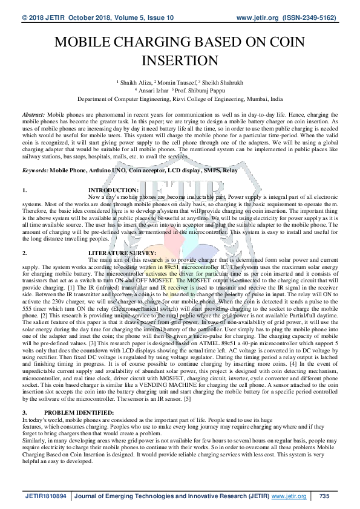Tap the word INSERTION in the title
(x=179, y=60)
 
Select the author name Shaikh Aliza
(x=136, y=80)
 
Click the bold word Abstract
(x=33, y=114)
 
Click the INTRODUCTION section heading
(x=113, y=190)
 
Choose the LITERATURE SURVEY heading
(x=122, y=252)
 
